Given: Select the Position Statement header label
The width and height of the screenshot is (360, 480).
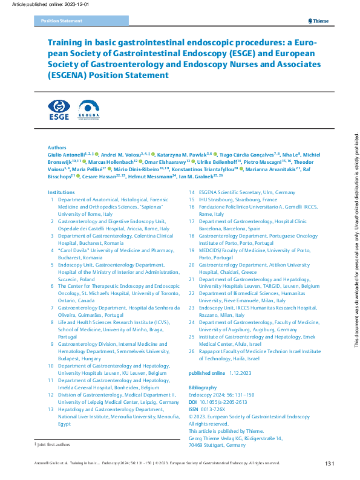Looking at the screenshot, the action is coord(61,21).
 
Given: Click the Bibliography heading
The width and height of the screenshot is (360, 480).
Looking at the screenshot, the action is coord(203,387).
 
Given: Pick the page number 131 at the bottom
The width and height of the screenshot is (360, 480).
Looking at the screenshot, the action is coord(330,464).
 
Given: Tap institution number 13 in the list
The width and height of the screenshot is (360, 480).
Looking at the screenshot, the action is coord(52,409).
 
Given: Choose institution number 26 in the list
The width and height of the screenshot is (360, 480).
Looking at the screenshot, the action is coord(192,351).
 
